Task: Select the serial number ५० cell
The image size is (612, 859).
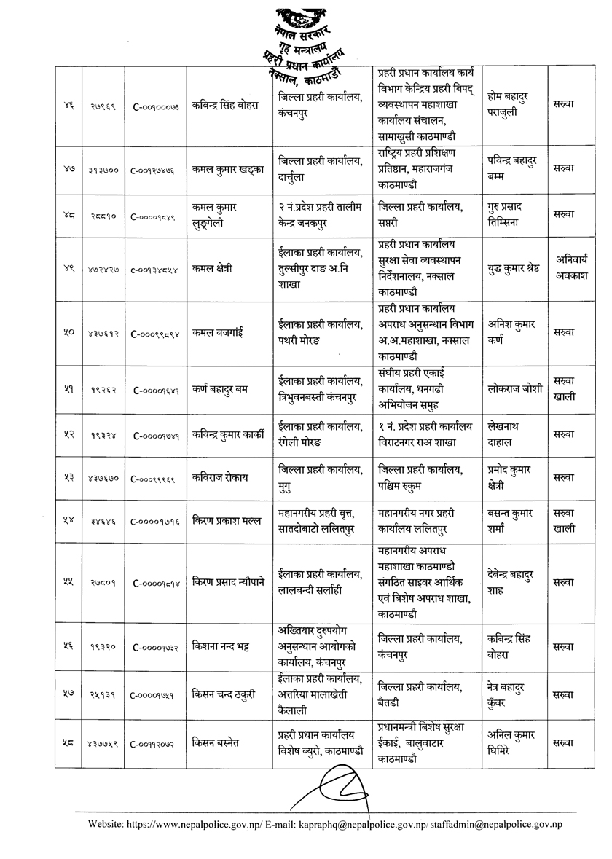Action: point(67,332)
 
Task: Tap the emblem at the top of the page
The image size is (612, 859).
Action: point(299,16)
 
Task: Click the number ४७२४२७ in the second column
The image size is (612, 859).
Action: point(101,270)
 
